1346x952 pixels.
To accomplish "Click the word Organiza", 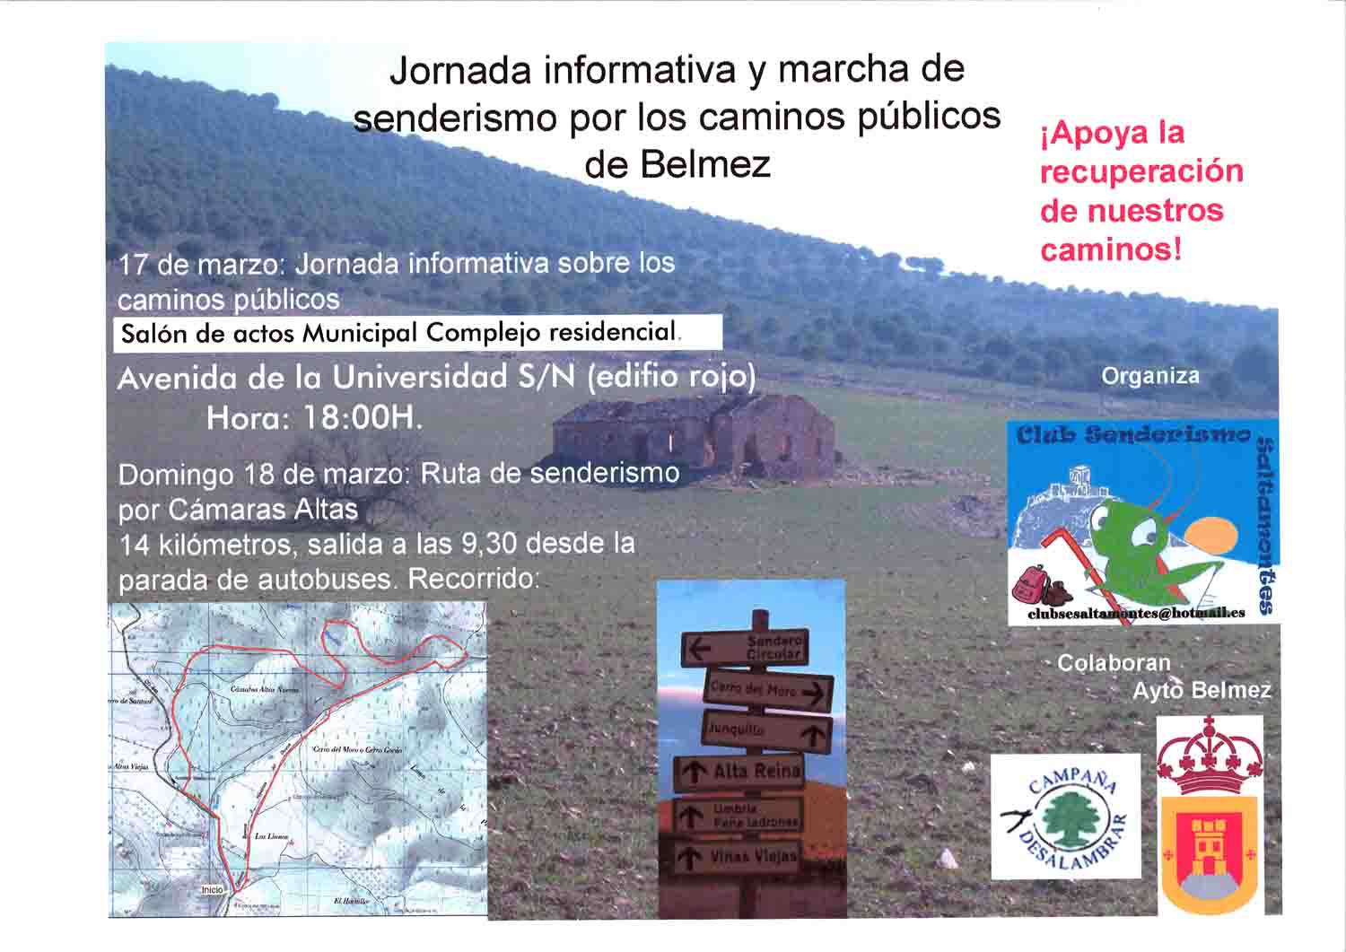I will (1149, 376).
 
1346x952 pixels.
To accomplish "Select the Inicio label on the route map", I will (212, 889).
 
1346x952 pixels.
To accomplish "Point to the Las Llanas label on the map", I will (271, 835).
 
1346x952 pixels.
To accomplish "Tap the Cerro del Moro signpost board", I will (767, 691).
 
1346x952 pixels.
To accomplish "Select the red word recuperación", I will (1141, 171).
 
